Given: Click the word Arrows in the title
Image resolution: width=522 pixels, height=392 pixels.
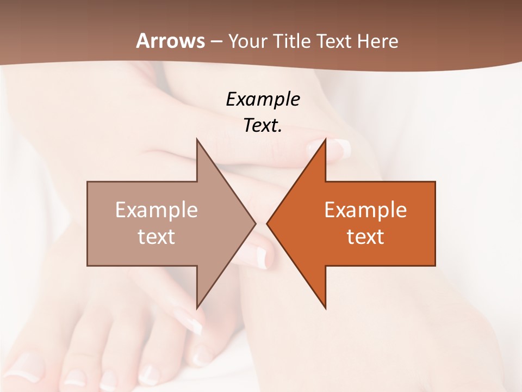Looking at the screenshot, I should tap(170, 41).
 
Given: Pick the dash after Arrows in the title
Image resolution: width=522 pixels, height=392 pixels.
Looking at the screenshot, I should tap(216, 42).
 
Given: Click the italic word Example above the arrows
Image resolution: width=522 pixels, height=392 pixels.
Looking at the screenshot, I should tap(263, 100).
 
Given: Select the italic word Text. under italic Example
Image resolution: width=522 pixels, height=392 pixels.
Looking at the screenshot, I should tap(263, 126).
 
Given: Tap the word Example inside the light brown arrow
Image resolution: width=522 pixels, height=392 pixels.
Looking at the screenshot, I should tap(156, 210).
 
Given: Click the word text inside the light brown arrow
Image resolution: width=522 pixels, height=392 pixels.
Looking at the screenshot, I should tap(156, 236).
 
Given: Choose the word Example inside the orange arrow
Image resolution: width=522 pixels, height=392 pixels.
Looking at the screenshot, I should tap(365, 210).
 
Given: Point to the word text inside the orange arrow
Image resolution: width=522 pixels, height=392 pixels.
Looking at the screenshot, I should tap(365, 236).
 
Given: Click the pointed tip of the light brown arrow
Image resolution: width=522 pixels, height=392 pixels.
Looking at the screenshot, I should tap(256, 223).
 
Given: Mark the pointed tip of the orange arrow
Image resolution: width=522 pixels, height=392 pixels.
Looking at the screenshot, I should tap(267, 223).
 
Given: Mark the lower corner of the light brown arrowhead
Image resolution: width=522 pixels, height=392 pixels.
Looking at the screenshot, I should tap(197, 308).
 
